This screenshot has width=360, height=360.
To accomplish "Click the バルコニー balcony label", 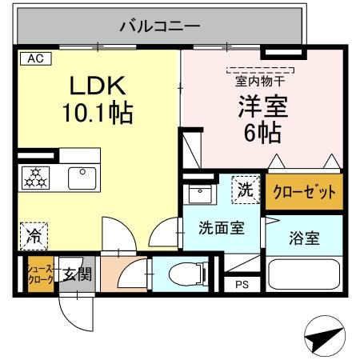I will pos(160,26).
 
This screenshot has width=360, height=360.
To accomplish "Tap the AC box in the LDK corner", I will pos(36,58).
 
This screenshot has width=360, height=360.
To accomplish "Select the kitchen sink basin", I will pos(81,178).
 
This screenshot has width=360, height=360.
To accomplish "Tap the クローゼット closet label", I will pos(303,193).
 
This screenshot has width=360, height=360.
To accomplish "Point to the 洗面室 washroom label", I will pos(221,228).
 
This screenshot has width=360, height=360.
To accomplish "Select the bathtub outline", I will pos(304,274).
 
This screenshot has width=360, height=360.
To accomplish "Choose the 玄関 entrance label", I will pos(78,274).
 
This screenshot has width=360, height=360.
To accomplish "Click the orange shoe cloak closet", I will pos(39,274).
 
